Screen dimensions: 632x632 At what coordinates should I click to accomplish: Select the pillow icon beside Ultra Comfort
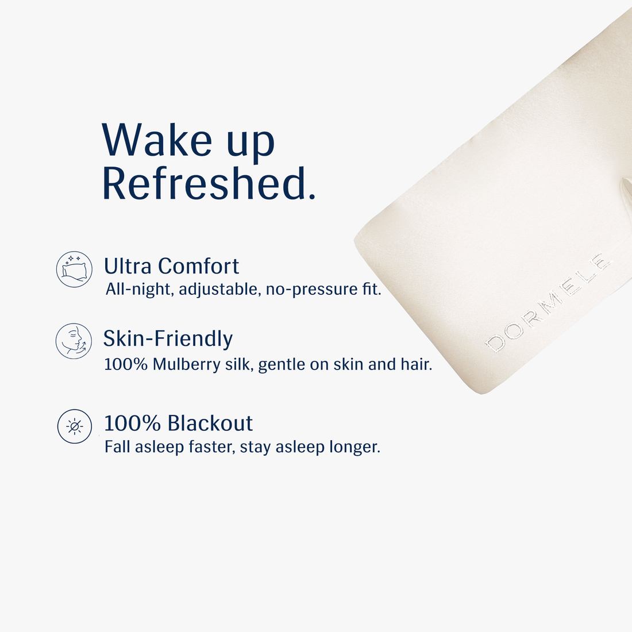tap(74, 269)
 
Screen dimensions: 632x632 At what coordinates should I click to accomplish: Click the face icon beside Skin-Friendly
tap(74, 341)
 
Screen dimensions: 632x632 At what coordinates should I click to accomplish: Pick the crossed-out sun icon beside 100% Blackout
tap(75, 426)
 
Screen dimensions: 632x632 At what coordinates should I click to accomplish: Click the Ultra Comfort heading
tap(171, 266)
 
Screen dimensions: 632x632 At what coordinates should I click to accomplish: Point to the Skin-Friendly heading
tap(168, 338)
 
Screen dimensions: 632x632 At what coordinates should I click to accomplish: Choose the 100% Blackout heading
tap(178, 423)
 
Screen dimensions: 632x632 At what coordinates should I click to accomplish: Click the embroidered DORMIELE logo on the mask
tap(546, 301)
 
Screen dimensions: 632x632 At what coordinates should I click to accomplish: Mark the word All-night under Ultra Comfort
tap(139, 289)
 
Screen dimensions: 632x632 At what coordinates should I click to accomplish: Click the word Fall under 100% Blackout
tap(117, 446)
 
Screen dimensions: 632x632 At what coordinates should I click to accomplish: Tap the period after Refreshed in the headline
tap(312, 196)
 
